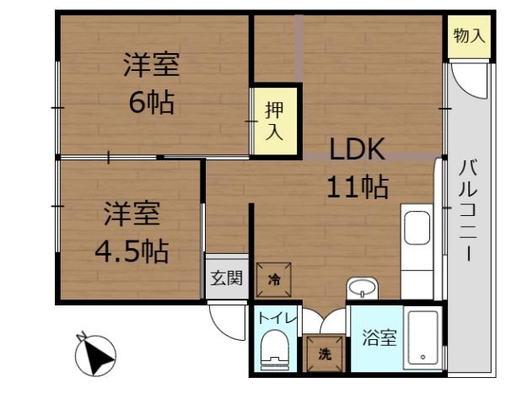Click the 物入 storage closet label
469,35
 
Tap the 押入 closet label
275,121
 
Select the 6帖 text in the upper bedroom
152,102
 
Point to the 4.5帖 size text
132,251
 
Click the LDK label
358,148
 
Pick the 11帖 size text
358,186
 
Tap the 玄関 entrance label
227,278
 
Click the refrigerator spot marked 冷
274,279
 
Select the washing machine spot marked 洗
325,354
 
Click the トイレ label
277,318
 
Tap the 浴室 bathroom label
379,337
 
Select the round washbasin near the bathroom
362,287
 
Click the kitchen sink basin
417,228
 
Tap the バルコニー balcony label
468,210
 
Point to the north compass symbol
95,354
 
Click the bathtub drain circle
423,357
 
